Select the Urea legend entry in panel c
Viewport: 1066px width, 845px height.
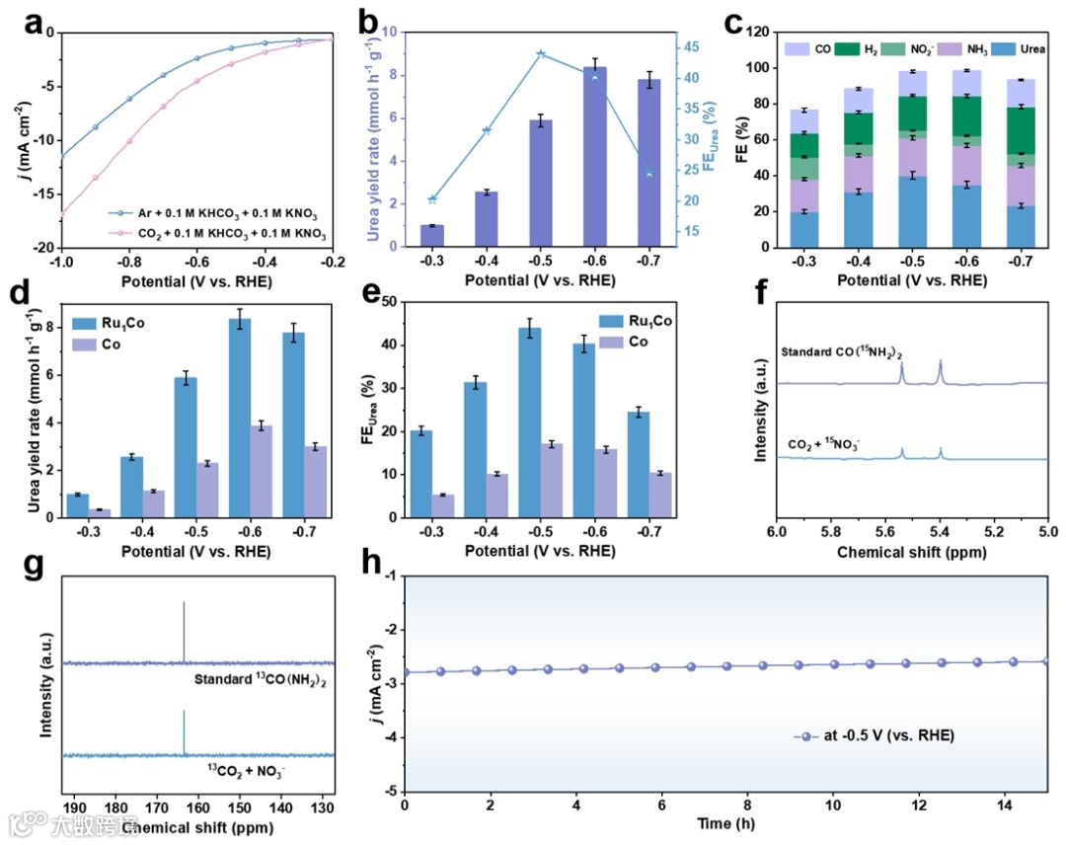[x=1016, y=48]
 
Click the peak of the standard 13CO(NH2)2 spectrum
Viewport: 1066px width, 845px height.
[x=184, y=604]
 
